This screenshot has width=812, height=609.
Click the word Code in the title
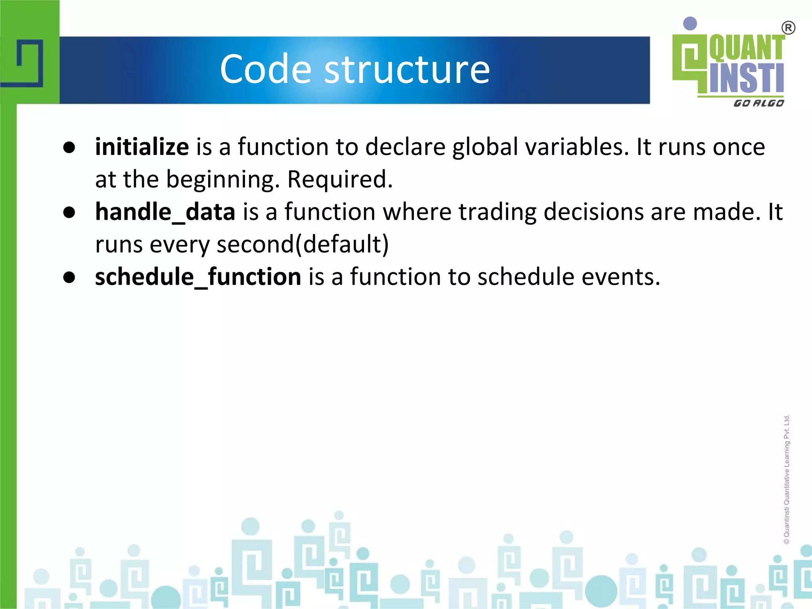[x=266, y=69]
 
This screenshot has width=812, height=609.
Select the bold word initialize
[x=142, y=147]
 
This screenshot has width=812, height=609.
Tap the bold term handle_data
[x=165, y=212]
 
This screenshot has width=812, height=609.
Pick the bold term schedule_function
[x=198, y=276]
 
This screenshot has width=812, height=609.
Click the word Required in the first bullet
[x=339, y=179]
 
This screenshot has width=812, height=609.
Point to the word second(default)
[x=303, y=244]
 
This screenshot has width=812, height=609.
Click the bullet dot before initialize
[x=69, y=148]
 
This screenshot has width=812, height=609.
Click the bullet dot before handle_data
[x=69, y=213]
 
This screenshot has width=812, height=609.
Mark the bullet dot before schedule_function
[x=69, y=278]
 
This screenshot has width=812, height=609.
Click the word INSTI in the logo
[x=746, y=78]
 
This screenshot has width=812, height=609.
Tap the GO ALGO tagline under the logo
[x=758, y=103]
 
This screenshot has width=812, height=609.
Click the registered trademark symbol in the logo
[x=788, y=28]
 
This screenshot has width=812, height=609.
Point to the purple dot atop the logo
[x=690, y=23]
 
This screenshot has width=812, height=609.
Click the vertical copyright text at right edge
[x=787, y=480]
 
